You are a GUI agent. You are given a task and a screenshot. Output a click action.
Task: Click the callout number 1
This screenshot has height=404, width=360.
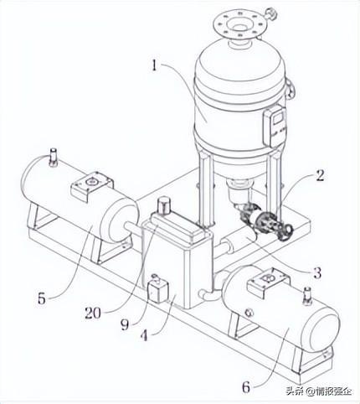pyautogui.click(x=155, y=65)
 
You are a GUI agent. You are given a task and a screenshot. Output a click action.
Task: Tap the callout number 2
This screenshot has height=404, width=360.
pyautogui.click(x=320, y=176)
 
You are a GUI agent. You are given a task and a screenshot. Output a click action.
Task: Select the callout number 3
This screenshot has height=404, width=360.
pyautogui.click(x=317, y=272)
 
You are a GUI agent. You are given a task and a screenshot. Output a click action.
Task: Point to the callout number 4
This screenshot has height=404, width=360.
pyautogui.click(x=144, y=335)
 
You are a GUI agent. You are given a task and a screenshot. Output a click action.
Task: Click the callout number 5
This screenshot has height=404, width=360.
pyautogui.click(x=42, y=299)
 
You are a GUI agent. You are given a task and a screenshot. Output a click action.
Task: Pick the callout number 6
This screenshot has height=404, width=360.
pyautogui.click(x=246, y=387)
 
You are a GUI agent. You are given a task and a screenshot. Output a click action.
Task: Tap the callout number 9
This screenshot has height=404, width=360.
pyautogui.click(x=125, y=324)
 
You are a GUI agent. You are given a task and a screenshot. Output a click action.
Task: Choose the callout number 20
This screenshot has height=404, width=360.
pyautogui.click(x=92, y=313)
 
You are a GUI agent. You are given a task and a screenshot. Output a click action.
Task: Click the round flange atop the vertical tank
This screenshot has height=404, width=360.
pyautogui.click(x=239, y=26)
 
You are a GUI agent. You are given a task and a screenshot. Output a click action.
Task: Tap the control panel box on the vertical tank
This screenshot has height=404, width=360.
pyautogui.click(x=275, y=127)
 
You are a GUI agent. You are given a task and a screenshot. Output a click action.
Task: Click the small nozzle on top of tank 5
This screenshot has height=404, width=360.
pyautogui.click(x=53, y=157)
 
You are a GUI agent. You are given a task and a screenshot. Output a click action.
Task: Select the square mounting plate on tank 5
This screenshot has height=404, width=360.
pyautogui.click(x=92, y=186)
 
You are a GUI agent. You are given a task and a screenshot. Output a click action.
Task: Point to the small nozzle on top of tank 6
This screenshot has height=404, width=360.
pyautogui.click(x=307, y=296)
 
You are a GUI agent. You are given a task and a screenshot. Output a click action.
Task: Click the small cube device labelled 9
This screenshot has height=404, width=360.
pyautogui.click(x=157, y=291)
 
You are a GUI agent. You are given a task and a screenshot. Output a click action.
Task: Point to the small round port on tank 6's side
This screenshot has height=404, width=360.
pyautogui.click(x=249, y=313)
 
